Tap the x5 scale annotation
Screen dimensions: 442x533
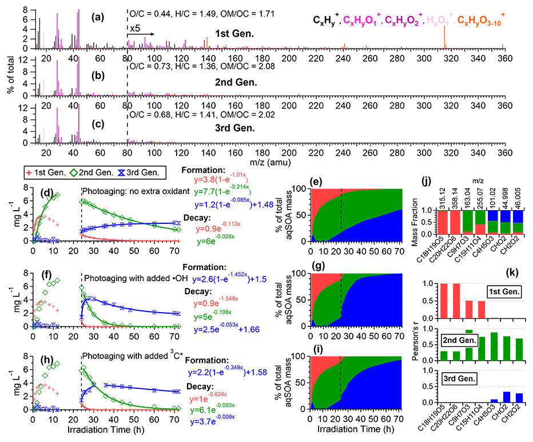[135, 28]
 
